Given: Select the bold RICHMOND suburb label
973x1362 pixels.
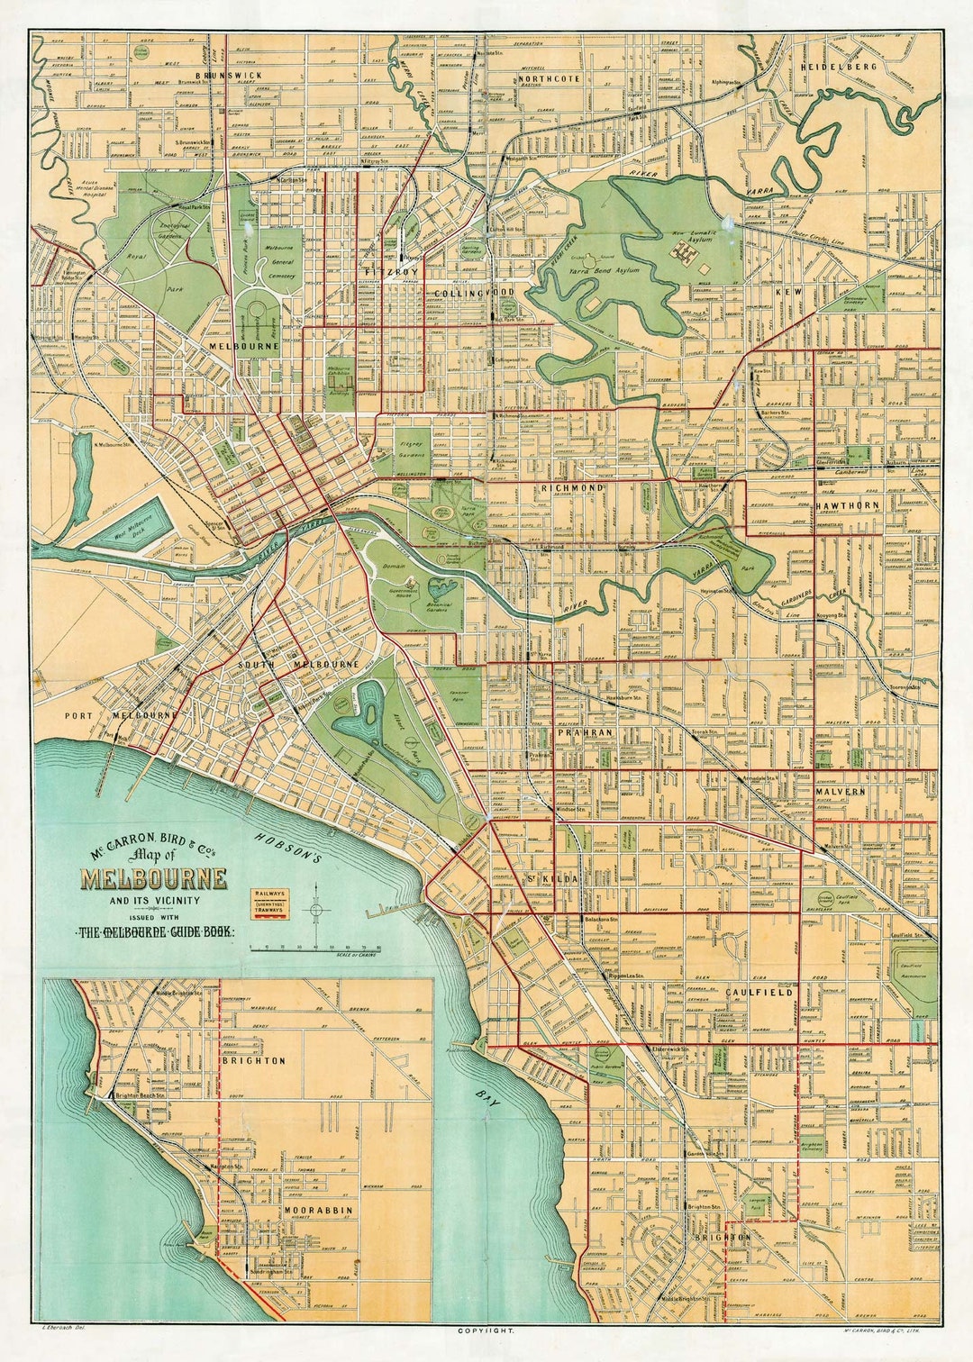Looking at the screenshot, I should (571, 487).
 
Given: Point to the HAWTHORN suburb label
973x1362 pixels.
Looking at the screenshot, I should (847, 506).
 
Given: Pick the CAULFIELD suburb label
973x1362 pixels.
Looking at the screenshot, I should (759, 992).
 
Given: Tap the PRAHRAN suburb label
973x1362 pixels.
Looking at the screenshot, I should (584, 733).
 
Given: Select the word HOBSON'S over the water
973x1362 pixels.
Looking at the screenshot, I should (288, 848).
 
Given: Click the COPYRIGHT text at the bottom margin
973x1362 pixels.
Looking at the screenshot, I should (486, 1330).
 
